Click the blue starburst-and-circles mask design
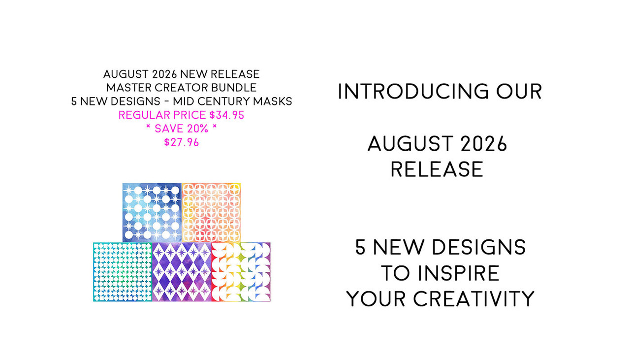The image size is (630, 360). pyautogui.click(x=152, y=213)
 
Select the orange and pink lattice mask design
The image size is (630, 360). pyautogui.click(x=211, y=213)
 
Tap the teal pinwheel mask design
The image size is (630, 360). pyautogui.click(x=123, y=272)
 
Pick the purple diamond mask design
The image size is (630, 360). pyautogui.click(x=182, y=272)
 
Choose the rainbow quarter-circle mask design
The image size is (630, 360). pyautogui.click(x=241, y=272)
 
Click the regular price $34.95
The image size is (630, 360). pyautogui.click(x=227, y=115)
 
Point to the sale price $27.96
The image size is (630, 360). pyautogui.click(x=182, y=142)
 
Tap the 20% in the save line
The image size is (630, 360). pyautogui.click(x=198, y=129)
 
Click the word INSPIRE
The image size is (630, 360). pyautogui.click(x=458, y=273)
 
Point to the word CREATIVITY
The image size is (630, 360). pyautogui.click(x=473, y=298)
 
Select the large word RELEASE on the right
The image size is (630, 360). pyautogui.click(x=437, y=169)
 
